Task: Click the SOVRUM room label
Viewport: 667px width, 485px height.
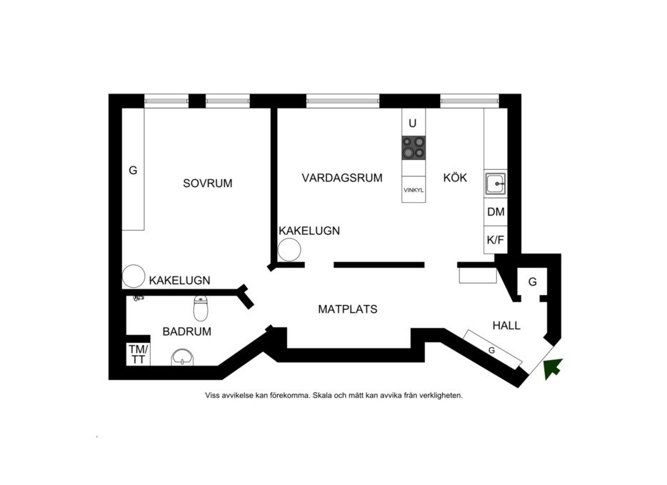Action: [x=208, y=184]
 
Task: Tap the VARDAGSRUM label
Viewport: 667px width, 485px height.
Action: [x=341, y=178]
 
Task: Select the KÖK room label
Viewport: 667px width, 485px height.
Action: [x=455, y=178]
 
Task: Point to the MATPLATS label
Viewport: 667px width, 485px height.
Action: [x=347, y=309]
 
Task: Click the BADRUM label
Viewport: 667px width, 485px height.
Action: [x=187, y=331]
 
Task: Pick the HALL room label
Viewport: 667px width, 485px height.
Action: [x=506, y=326]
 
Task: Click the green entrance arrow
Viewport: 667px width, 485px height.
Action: [x=553, y=368]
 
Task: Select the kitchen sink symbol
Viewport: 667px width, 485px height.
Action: [x=495, y=184]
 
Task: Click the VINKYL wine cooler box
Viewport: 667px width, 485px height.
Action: [x=413, y=191]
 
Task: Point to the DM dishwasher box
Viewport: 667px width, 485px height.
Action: [x=496, y=212]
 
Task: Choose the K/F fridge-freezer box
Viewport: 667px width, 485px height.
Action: [x=496, y=240]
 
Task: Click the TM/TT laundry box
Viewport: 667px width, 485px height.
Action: [x=139, y=354]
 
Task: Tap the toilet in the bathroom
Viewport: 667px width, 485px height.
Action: [x=201, y=309]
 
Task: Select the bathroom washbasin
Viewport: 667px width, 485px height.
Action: [x=183, y=357]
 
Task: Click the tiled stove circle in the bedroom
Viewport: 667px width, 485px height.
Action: [x=132, y=276]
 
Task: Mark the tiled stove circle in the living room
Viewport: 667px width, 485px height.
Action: [x=289, y=249]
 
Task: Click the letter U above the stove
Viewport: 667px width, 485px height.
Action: [x=412, y=123]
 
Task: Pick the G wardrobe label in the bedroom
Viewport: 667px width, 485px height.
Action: [x=133, y=171]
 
